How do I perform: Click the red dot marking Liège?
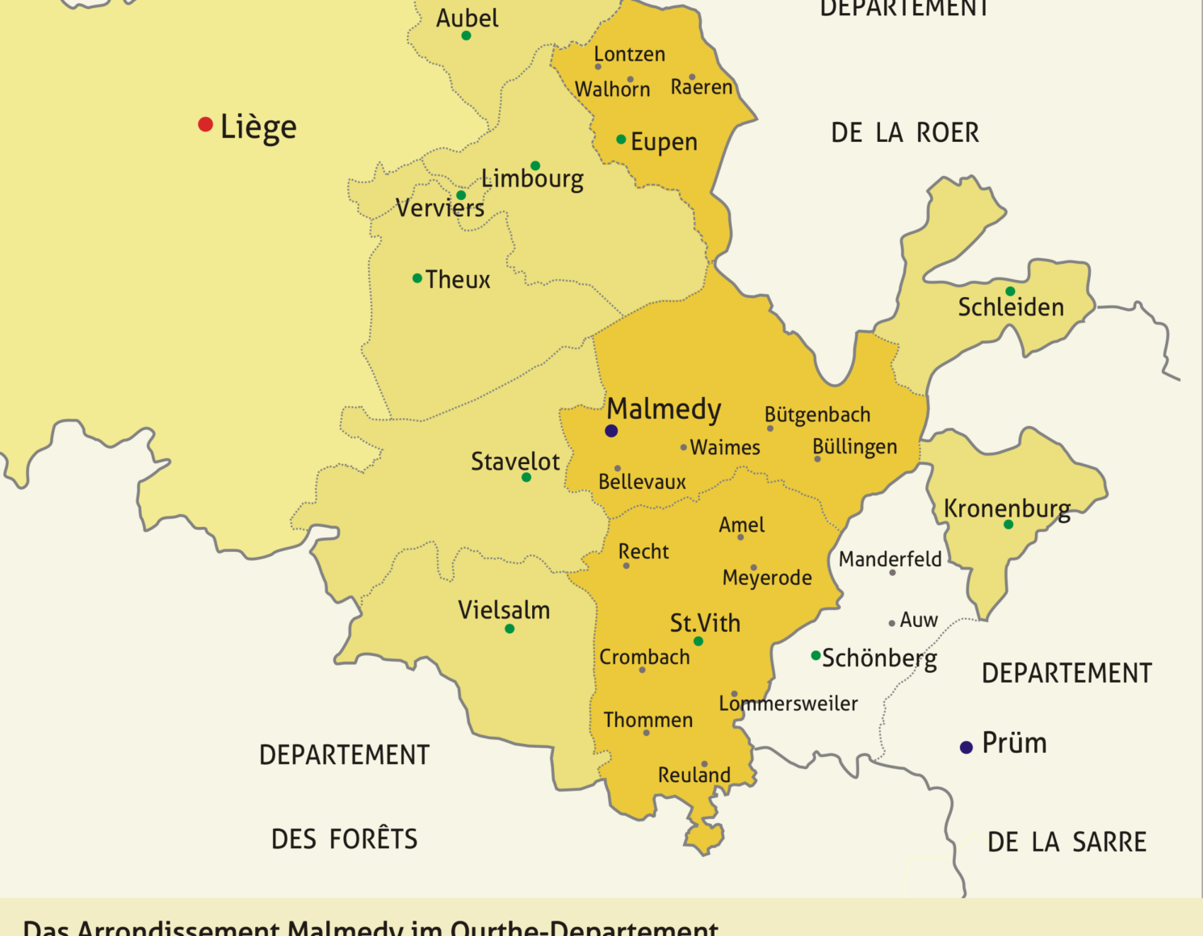pos(205,124)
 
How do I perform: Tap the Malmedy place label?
pos(664,409)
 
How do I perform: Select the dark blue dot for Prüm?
pos(966,747)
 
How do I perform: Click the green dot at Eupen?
pos(621,140)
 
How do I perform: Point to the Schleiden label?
pos(1011,307)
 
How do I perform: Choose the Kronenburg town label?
pos(1007,508)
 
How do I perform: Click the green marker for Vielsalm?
pos(509,629)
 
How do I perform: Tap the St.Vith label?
pos(705,623)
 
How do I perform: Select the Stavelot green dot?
pos(526,478)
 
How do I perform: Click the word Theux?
pos(458,280)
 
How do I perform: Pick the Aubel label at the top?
pos(467,18)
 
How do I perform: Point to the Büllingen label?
pos(854,447)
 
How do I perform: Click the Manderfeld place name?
pos(890,559)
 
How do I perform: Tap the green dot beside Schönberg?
pos(815,655)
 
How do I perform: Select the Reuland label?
pos(694,775)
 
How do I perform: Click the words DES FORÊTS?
pos(345,839)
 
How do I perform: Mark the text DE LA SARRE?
pos(1067,842)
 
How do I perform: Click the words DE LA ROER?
pos(905,133)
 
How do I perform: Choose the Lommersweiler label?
pos(788,704)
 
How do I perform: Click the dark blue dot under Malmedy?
pos(611,431)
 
